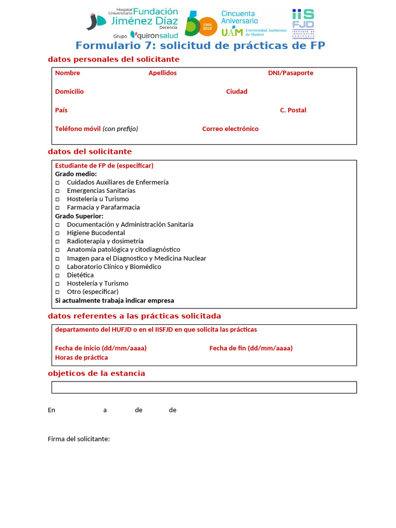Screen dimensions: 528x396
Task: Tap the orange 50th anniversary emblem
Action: pos(202,24)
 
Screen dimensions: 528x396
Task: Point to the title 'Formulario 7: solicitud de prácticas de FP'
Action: pos(200,45)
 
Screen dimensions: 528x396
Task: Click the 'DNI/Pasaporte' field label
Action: pos(290,73)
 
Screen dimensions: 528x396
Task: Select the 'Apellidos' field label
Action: pos(162,73)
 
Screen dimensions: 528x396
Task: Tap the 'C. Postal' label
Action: pos(293,110)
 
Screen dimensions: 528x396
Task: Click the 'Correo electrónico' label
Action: pos(230,128)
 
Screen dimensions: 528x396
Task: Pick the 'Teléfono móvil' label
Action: pos(78,128)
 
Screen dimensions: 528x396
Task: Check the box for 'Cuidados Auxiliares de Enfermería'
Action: pos(57,183)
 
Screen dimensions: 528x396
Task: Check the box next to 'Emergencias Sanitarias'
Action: pos(57,191)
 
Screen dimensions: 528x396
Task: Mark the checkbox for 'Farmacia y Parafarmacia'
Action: pos(57,207)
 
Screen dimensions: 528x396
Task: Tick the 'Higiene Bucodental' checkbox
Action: pos(57,233)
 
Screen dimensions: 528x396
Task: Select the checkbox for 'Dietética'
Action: pos(57,275)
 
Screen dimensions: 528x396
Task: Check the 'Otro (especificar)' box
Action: pos(57,292)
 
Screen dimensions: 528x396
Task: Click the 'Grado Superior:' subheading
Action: pos(79,216)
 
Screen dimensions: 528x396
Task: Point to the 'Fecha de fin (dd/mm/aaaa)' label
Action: pos(251,348)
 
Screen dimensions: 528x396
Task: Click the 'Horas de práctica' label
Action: pos(81,357)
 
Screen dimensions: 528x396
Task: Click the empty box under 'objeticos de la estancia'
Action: pos(204,387)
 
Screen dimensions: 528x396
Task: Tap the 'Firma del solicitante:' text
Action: pos(78,439)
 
